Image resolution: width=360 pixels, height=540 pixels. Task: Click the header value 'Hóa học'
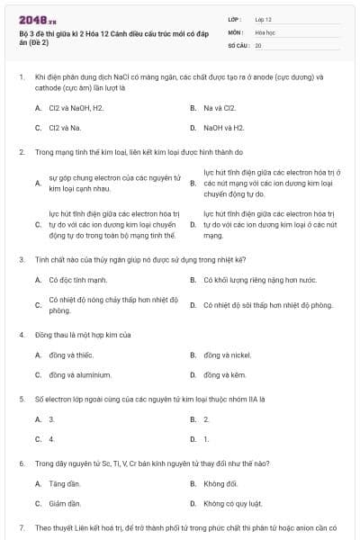tap(265, 31)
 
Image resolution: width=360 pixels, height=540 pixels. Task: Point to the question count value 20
tap(258, 45)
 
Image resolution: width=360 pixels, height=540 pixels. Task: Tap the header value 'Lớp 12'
tap(264, 19)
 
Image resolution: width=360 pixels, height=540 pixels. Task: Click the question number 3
tap(21, 259)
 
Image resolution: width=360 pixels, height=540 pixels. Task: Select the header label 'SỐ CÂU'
tap(237, 45)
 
